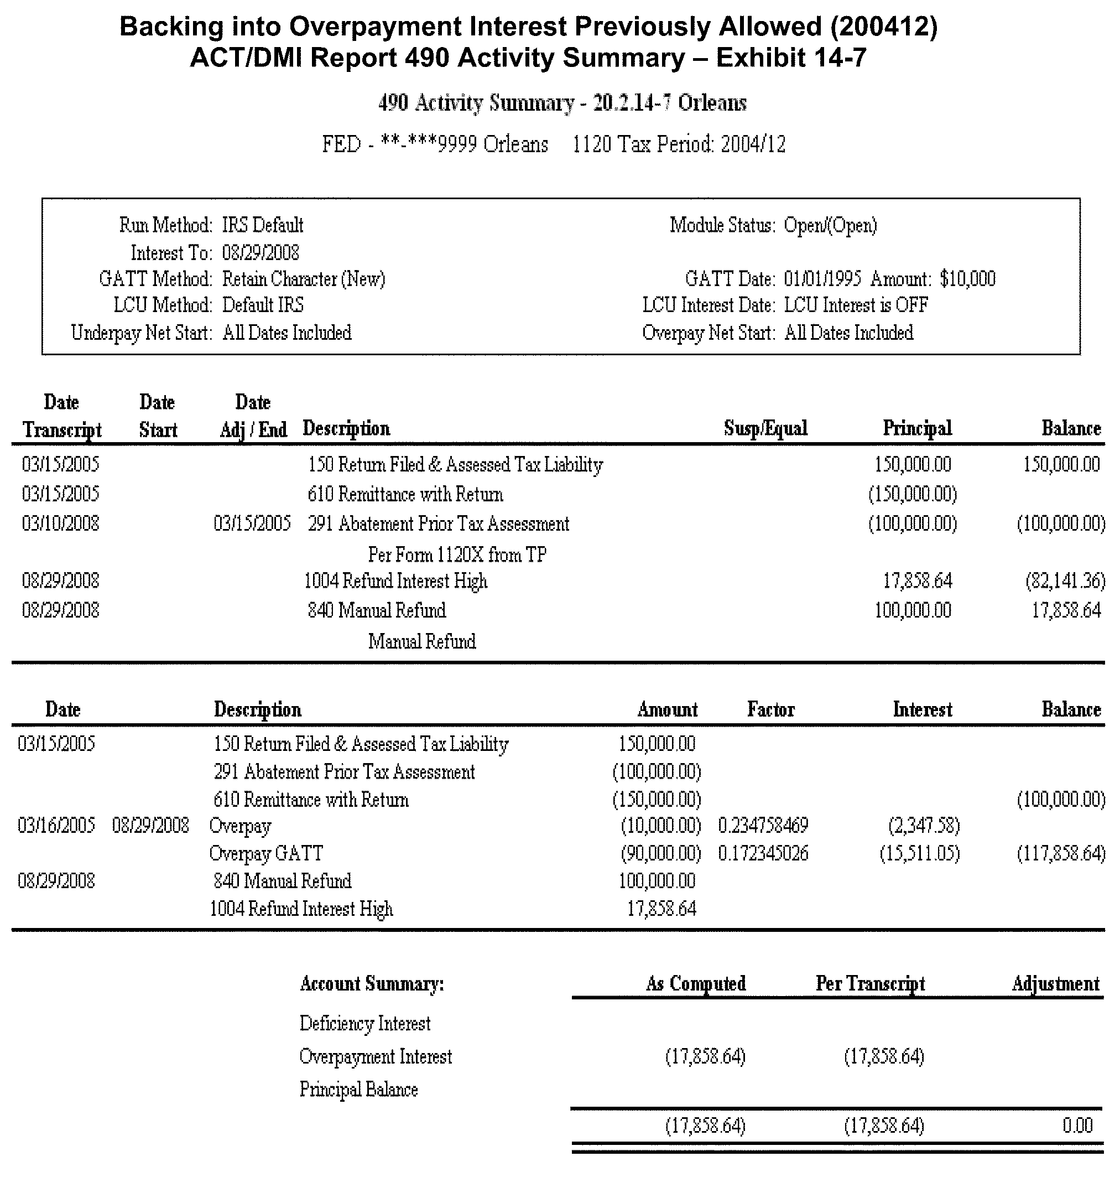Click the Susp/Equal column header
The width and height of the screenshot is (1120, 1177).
click(x=765, y=428)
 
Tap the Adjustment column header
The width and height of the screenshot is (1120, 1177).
click(x=1055, y=983)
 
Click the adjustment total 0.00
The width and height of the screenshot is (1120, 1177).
click(x=1077, y=1126)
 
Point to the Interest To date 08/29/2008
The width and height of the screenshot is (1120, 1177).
click(x=261, y=253)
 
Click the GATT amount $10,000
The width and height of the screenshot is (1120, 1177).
click(x=967, y=279)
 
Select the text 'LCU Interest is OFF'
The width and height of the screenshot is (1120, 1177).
click(x=856, y=305)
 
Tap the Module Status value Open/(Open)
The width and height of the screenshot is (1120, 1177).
click(x=830, y=225)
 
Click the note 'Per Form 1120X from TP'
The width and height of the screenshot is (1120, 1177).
click(x=457, y=555)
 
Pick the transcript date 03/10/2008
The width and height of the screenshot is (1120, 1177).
click(x=60, y=523)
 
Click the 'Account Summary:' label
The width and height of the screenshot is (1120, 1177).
click(x=371, y=983)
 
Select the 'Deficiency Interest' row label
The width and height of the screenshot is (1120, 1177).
click(x=365, y=1024)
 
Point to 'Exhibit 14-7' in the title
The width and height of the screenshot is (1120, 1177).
click(x=791, y=58)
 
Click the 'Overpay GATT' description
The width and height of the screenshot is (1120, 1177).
click(x=265, y=853)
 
